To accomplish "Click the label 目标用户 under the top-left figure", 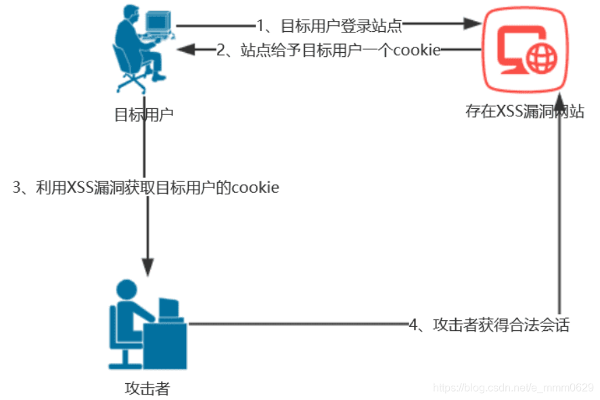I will click(143, 113).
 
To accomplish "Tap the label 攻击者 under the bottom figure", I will click(147, 388).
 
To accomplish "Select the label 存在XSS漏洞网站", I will click(524, 112).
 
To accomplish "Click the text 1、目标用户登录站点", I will click(329, 26).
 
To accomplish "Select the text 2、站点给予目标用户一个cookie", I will click(329, 50).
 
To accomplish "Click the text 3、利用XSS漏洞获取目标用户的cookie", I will click(146, 187).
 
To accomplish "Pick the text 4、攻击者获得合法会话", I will click(489, 325).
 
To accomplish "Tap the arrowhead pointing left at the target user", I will click(185, 49).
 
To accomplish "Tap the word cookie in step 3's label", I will click(255, 187).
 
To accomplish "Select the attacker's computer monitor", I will click(168, 308).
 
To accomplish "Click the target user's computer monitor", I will click(156, 22).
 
